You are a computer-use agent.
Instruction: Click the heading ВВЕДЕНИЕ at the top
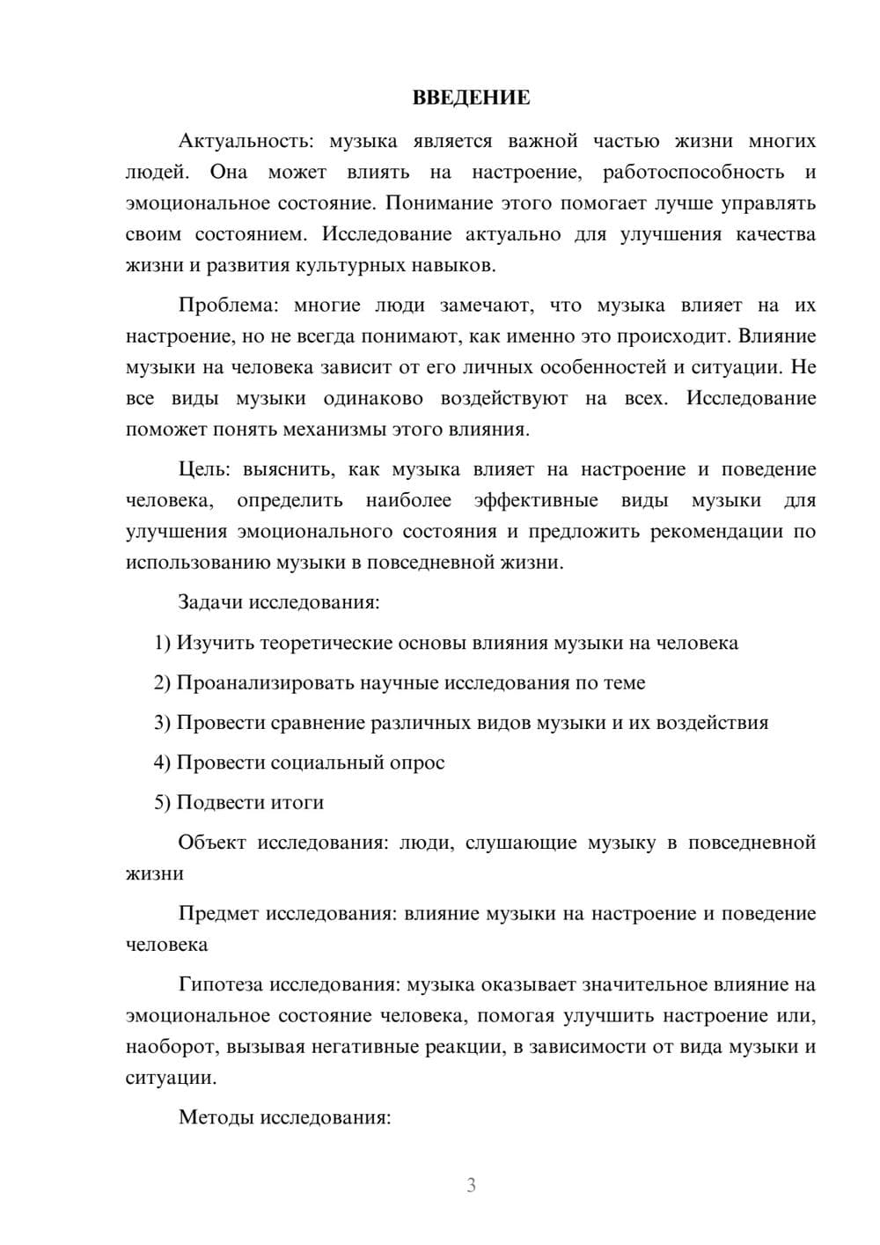click(471, 98)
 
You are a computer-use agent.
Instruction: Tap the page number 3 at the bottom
click(471, 1185)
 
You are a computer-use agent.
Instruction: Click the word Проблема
click(227, 306)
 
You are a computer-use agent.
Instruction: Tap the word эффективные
click(536, 500)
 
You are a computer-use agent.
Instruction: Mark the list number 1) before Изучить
click(163, 643)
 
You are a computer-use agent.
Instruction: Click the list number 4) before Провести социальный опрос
click(163, 762)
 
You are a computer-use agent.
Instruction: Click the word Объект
click(212, 843)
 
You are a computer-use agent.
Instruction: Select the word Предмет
click(218, 914)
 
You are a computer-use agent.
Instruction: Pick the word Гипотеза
click(220, 984)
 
